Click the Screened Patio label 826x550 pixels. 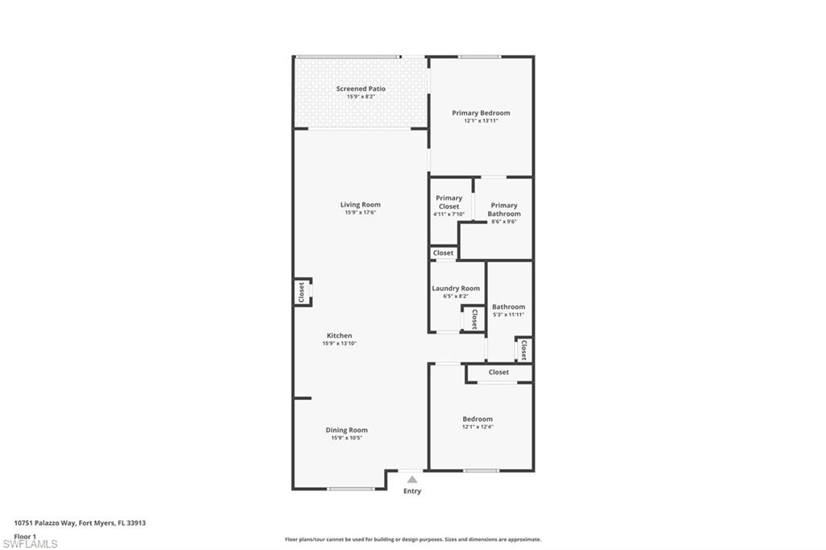tap(361, 89)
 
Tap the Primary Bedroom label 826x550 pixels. tap(481, 113)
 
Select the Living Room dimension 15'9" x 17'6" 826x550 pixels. tap(361, 212)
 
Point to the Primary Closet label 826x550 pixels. tap(448, 202)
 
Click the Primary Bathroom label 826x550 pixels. tap(504, 210)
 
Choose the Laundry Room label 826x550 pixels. tap(456, 288)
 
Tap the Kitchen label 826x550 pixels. tap(340, 335)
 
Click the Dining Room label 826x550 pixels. tap(347, 430)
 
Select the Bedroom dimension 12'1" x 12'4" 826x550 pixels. tap(478, 427)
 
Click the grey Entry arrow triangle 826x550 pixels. tap(412, 479)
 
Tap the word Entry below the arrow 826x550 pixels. tap(412, 491)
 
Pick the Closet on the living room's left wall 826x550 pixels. tap(302, 293)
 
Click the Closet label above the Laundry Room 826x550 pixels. tap(443, 253)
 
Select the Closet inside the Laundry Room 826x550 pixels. tap(474, 319)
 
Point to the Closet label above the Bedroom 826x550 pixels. tap(499, 372)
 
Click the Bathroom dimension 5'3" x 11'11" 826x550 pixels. tap(508, 315)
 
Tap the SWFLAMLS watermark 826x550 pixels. tap(30, 544)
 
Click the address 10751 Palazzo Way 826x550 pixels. tap(45, 523)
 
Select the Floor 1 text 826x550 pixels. tap(25, 536)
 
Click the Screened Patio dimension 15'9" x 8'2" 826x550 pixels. tap(361, 97)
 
